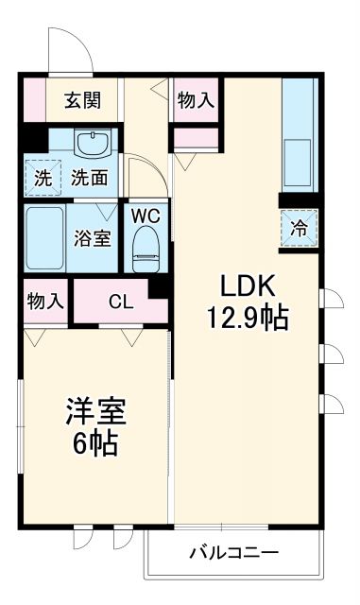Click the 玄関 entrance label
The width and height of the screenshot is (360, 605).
(x=84, y=100)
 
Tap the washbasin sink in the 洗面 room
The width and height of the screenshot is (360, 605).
(x=94, y=146)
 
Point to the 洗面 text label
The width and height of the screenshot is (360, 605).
(x=91, y=177)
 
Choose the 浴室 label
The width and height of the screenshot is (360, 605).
(x=94, y=236)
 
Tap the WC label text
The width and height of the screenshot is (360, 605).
(x=146, y=215)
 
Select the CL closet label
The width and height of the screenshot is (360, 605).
(x=120, y=302)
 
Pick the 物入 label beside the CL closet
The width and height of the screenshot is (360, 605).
(x=44, y=302)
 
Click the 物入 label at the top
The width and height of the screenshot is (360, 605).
(x=196, y=100)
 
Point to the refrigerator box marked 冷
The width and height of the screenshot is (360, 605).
(x=299, y=227)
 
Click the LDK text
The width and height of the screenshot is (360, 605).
(x=248, y=285)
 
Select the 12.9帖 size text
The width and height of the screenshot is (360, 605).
(x=248, y=318)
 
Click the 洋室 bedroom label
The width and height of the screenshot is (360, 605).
(x=95, y=411)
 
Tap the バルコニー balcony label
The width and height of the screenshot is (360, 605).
(x=232, y=551)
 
